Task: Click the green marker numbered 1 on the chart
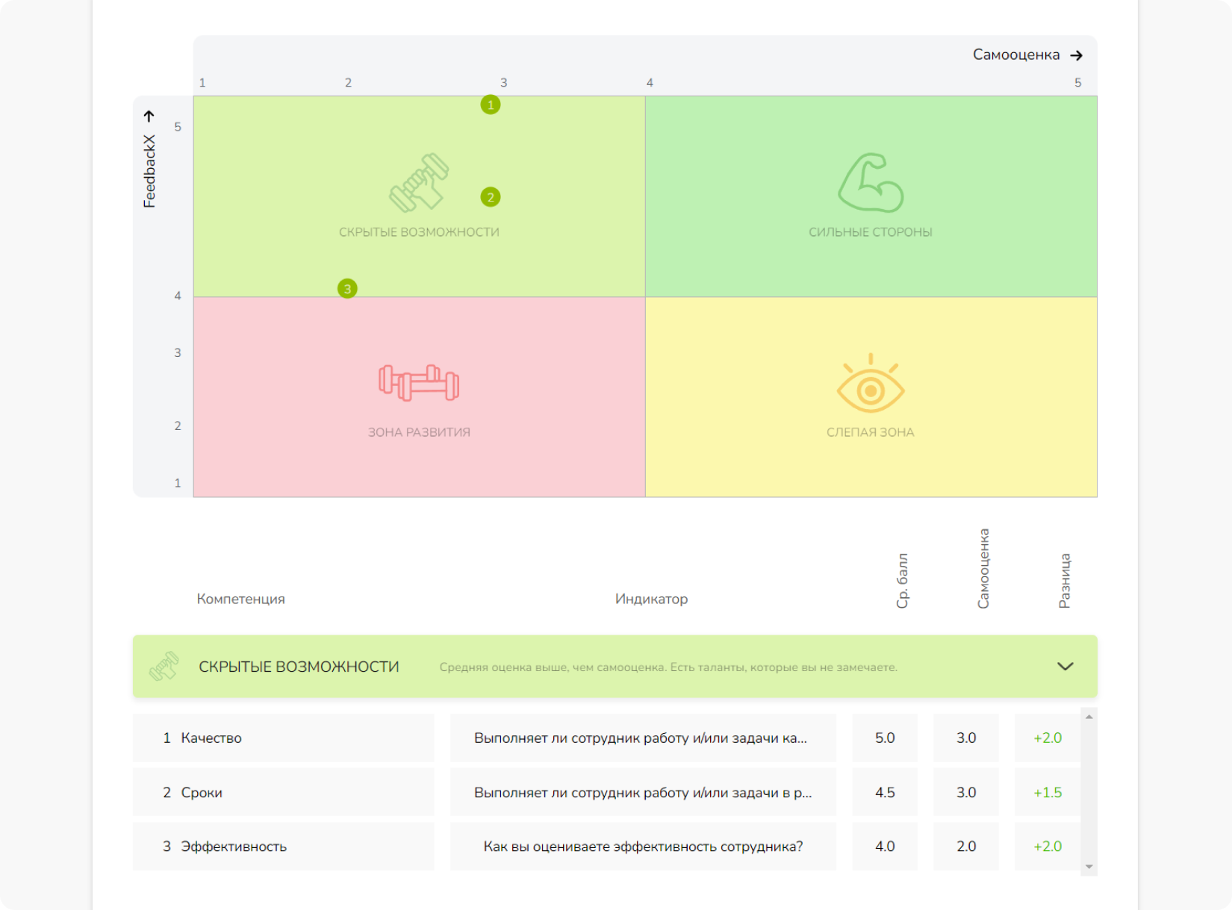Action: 491,105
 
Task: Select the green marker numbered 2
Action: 491,197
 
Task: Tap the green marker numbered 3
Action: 347,289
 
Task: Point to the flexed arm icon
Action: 871,183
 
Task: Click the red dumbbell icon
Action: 419,382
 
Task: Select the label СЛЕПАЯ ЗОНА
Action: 870,432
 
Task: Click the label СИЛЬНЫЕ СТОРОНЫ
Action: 870,232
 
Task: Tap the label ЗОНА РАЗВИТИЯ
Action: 419,432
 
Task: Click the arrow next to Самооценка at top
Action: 1076,55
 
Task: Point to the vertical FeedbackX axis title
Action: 150,171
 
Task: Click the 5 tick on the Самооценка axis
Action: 1077,83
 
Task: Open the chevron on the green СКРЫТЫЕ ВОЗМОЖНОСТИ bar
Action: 1065,667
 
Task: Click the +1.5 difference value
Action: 1047,792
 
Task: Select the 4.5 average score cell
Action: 885,792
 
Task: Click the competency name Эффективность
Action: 234,847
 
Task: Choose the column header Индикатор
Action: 651,599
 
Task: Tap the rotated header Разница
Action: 1065,581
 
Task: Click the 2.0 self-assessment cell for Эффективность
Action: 966,847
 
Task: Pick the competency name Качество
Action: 211,738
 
